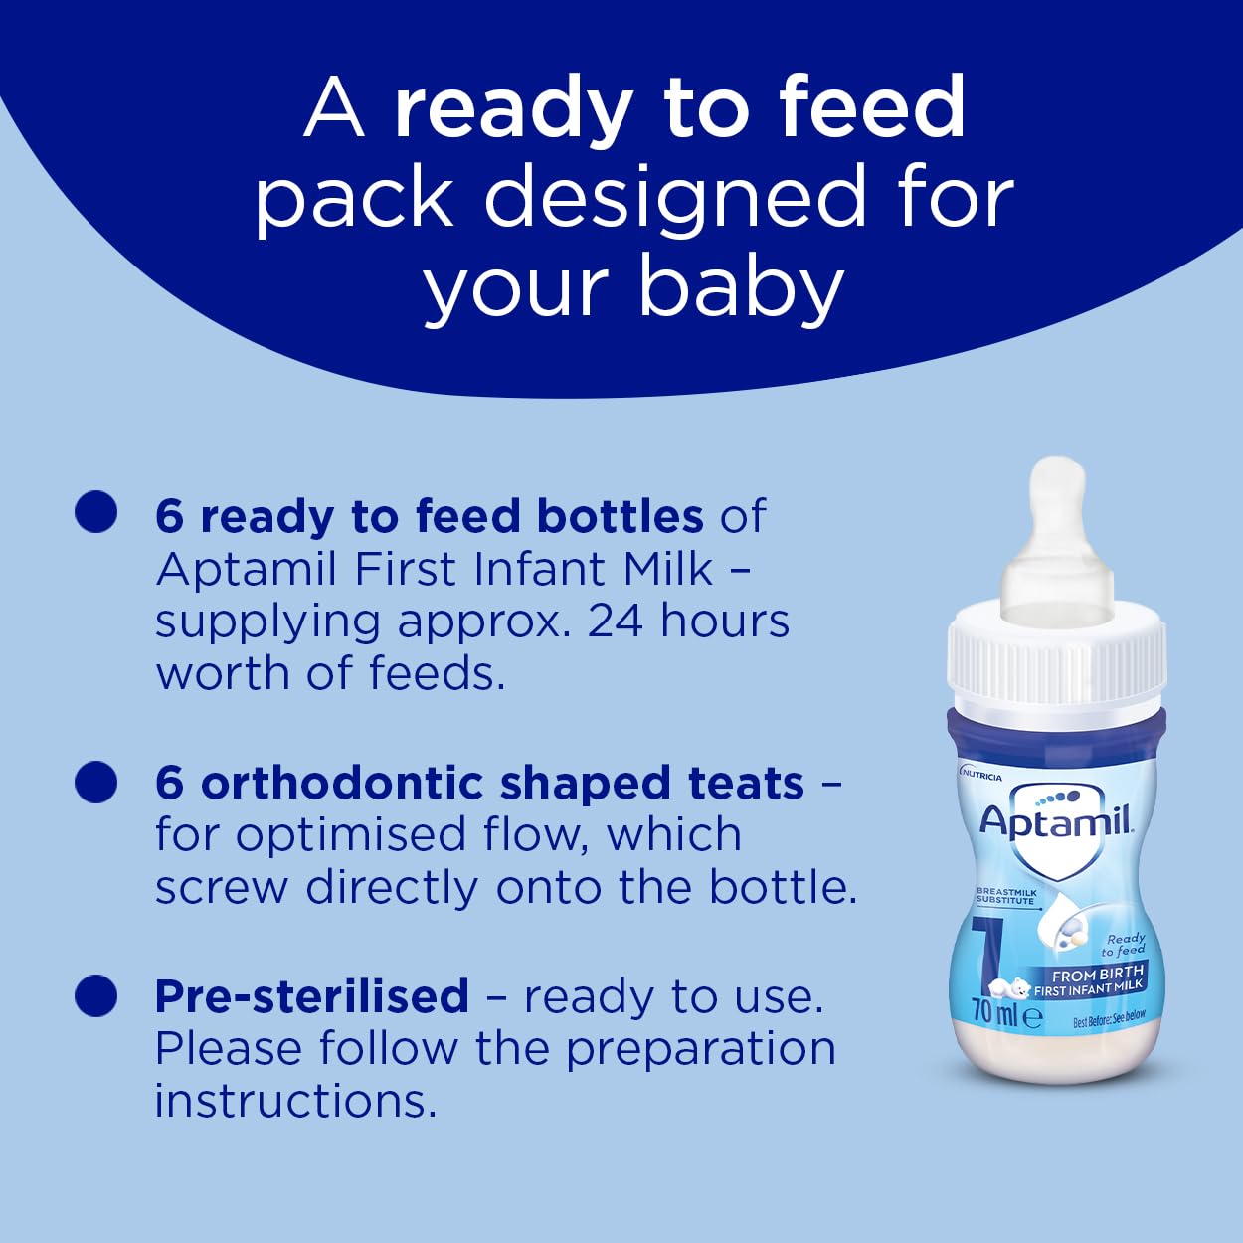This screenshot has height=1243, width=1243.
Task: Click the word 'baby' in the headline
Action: pos(741,288)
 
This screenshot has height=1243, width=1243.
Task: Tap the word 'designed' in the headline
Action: pos(676,197)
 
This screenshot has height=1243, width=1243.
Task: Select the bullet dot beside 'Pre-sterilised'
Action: pos(96,995)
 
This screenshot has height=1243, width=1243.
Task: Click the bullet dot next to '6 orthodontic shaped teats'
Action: pos(96,782)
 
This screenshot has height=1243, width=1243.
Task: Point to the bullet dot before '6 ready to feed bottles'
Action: pos(96,512)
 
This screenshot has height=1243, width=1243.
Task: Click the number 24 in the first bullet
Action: pos(616,621)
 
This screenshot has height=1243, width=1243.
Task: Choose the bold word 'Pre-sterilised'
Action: pos(311,996)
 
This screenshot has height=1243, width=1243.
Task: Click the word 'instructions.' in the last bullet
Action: pos(295,1101)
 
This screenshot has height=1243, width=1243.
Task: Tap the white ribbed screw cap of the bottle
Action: pos(1056,662)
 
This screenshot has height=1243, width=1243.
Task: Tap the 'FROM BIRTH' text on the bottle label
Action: pos(1097,973)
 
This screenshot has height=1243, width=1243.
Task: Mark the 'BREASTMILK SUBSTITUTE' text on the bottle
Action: pos(1005,896)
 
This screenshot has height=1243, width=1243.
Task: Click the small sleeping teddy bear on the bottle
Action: pos(1013,987)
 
